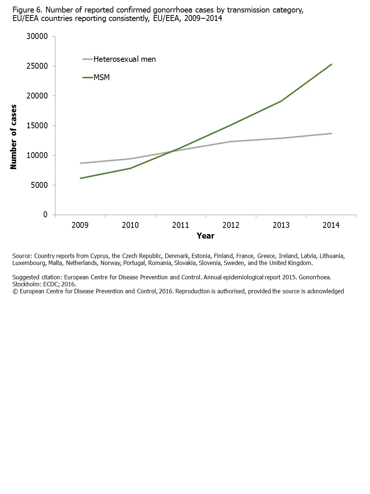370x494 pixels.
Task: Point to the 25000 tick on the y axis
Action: click(37, 66)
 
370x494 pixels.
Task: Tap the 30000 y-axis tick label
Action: click(37, 36)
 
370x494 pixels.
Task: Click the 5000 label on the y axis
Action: click(39, 185)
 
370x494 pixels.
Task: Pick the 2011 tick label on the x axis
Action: click(181, 225)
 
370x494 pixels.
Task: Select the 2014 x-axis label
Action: click(331, 225)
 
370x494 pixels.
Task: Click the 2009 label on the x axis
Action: click(80, 225)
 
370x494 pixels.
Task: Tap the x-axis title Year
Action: click(206, 236)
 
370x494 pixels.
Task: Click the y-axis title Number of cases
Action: click(14, 137)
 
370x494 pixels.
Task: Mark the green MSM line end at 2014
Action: click(331, 64)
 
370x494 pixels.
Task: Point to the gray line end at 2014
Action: click(331, 133)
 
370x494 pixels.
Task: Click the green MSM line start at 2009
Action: click(80, 178)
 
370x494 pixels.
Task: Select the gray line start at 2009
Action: click(80, 163)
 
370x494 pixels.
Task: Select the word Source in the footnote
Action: click(22, 256)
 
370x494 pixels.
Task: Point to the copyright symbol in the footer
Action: click(15, 291)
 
